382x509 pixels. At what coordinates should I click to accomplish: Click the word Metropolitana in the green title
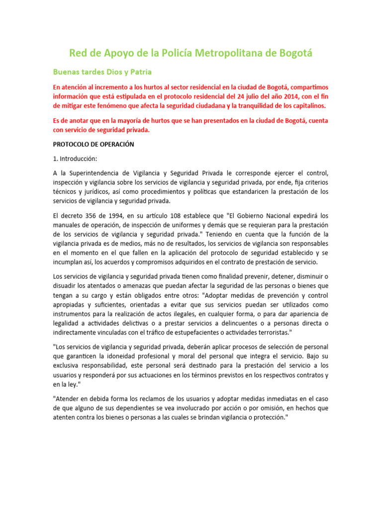point(206,53)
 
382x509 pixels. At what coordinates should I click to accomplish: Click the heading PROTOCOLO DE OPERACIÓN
point(94,144)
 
